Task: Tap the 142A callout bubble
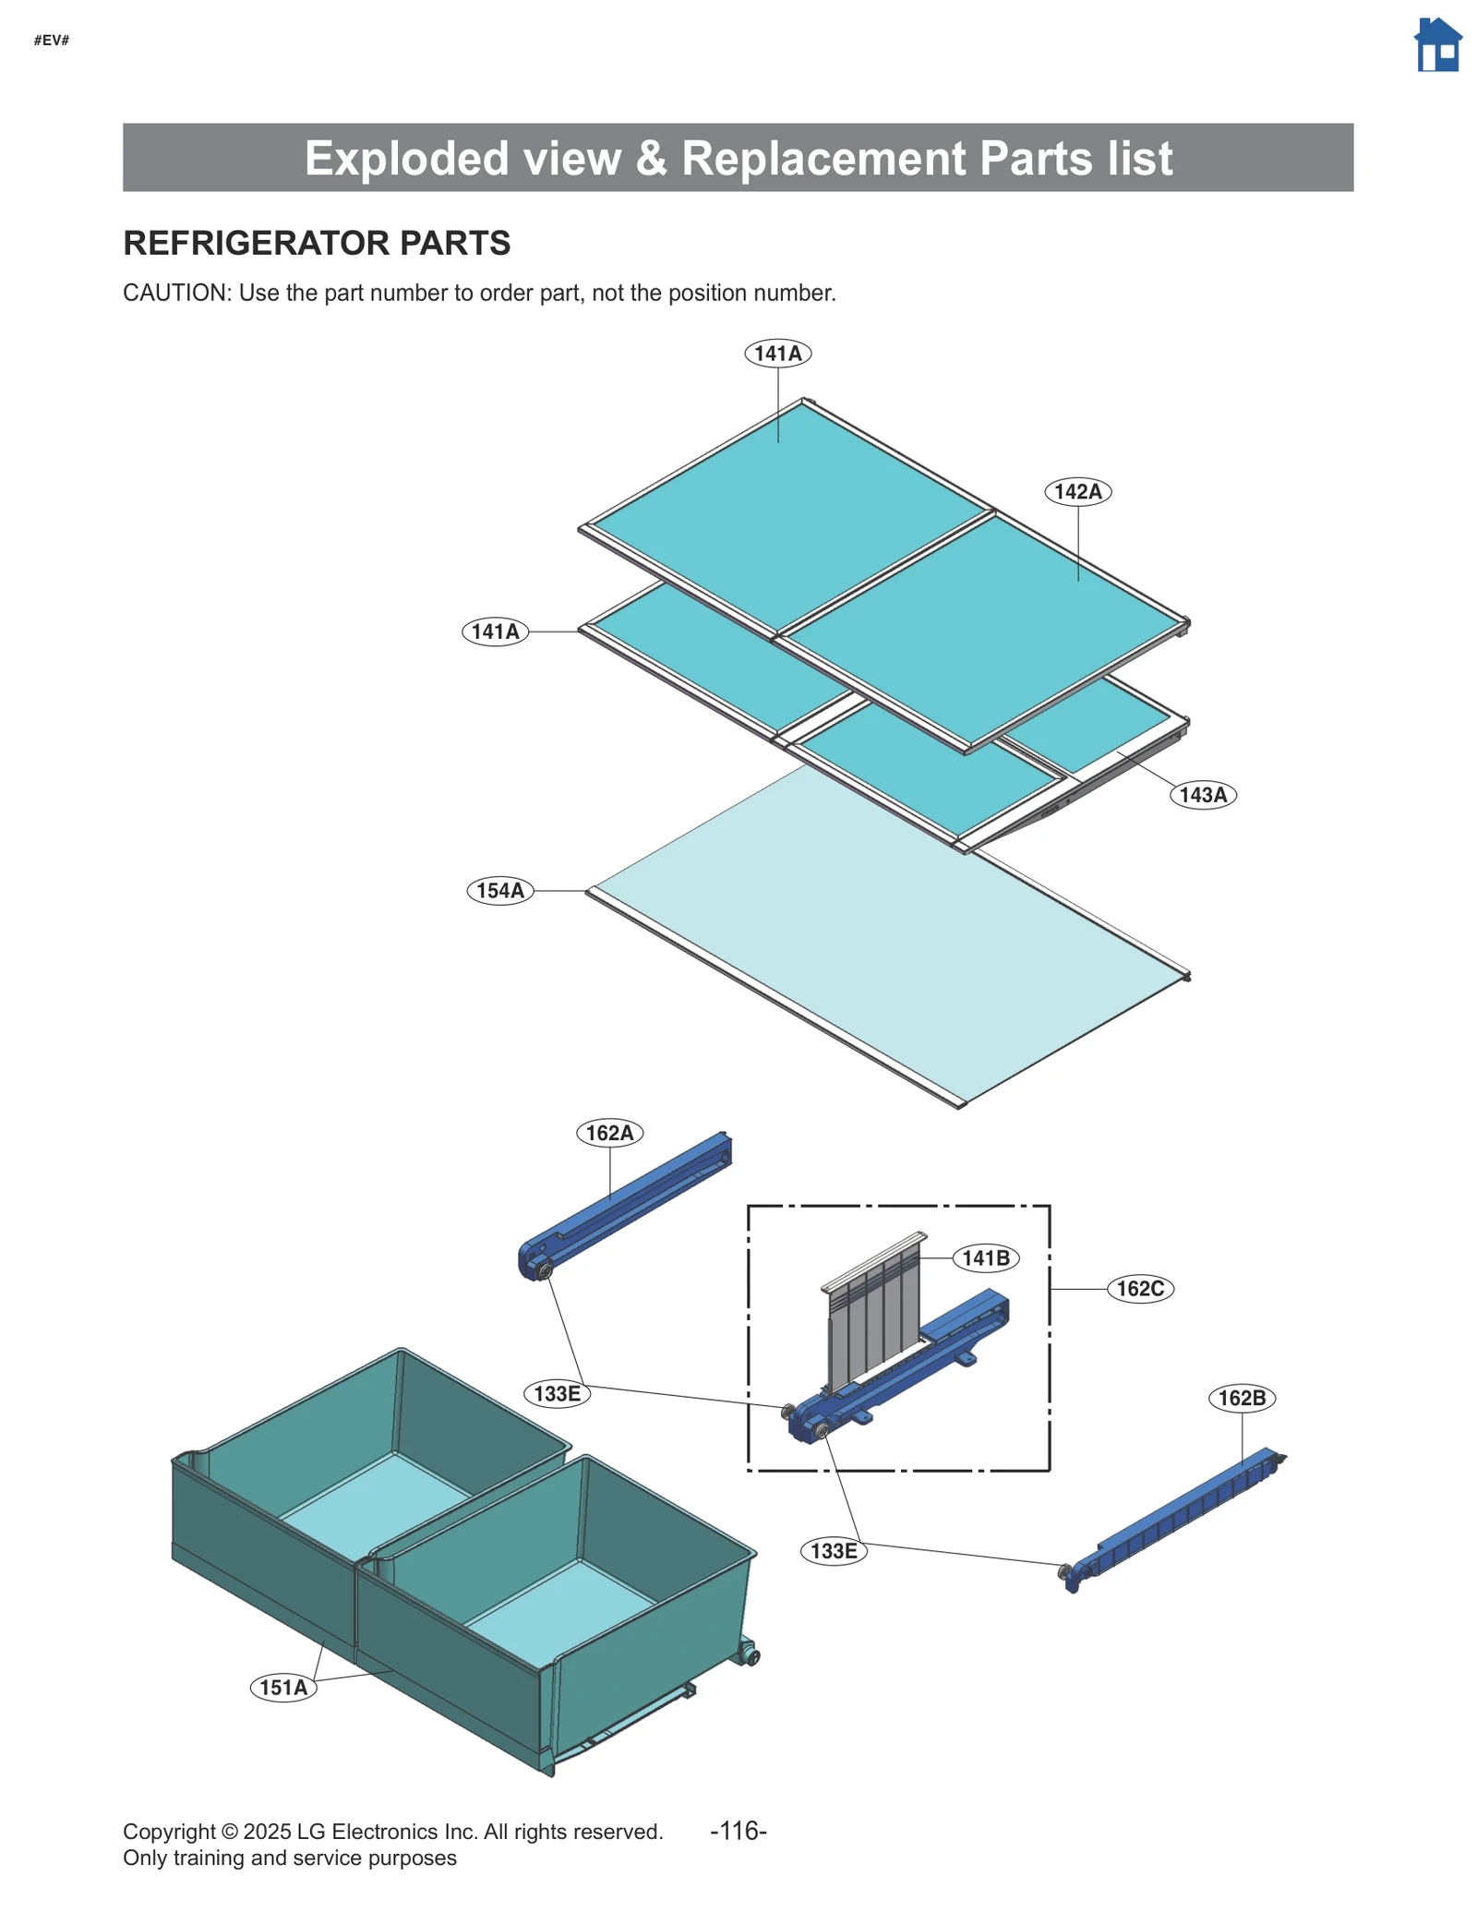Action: [x=1077, y=491]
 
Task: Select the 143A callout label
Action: [x=1202, y=795]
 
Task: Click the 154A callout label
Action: [x=499, y=891]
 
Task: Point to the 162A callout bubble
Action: [x=609, y=1133]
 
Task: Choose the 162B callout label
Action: [x=1241, y=1398]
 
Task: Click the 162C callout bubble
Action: [x=1140, y=1289]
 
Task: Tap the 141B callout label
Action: [x=985, y=1258]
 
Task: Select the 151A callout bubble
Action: [x=282, y=1688]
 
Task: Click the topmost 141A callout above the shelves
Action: [x=777, y=354]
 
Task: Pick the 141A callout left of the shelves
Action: [x=495, y=631]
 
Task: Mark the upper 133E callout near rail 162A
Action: [x=557, y=1393]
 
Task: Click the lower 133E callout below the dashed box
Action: [x=833, y=1551]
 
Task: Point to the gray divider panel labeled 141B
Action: [x=873, y=1311]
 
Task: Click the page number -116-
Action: [x=738, y=1830]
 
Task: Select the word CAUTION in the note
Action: [x=174, y=293]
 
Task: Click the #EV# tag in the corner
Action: [x=52, y=40]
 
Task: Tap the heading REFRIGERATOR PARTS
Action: [x=317, y=243]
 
